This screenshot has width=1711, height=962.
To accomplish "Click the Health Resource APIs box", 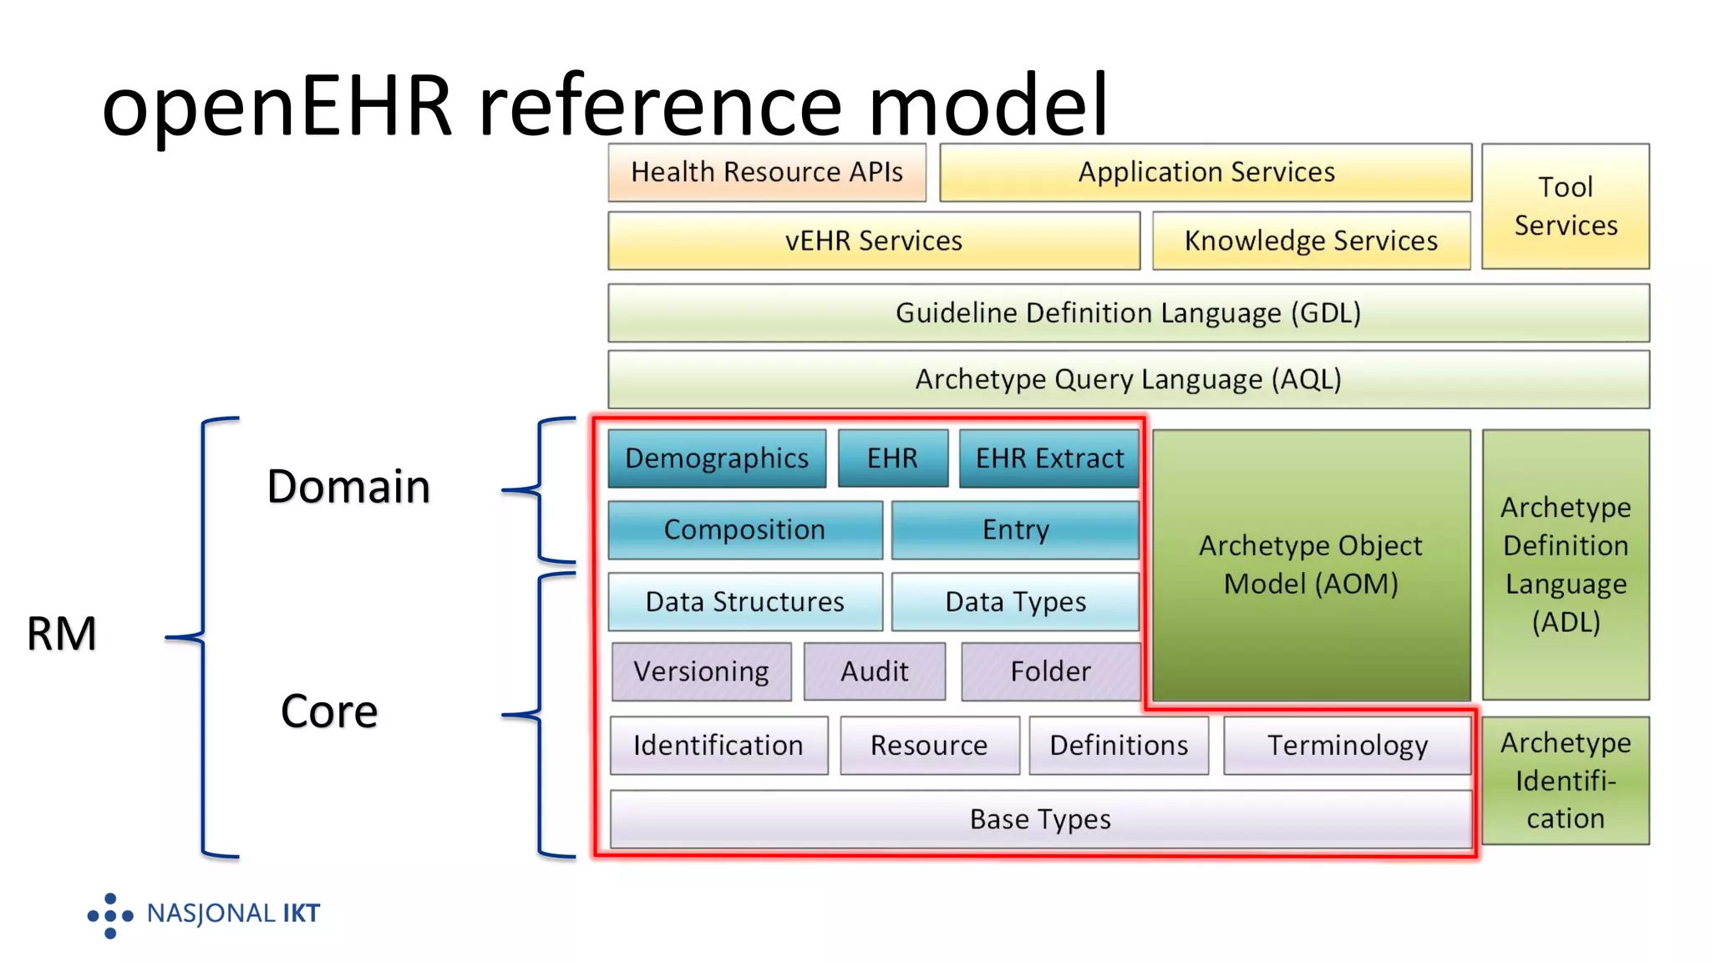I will (766, 172).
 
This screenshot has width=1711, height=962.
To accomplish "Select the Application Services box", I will (1205, 172).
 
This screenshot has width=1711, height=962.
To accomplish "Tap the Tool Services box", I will (1565, 206).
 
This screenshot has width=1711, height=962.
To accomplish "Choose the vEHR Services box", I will (873, 240).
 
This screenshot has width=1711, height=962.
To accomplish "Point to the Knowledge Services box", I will (1310, 240).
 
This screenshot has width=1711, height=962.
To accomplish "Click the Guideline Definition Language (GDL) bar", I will (1128, 313).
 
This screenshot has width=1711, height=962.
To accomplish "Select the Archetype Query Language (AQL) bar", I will (1128, 379).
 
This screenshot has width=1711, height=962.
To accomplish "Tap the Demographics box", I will (716, 458).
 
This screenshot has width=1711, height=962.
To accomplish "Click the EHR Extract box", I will (1048, 458).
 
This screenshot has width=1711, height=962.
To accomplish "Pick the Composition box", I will (744, 529).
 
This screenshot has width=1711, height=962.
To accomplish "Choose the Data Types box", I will (1014, 601).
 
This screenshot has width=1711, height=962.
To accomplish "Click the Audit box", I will (874, 671).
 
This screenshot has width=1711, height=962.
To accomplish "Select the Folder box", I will (1050, 671).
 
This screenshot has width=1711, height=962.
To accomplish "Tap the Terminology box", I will (1347, 745).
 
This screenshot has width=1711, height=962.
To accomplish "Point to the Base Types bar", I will (1040, 819).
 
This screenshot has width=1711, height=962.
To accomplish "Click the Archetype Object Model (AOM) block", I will (1310, 565).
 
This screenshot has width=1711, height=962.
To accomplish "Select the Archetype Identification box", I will (1565, 780).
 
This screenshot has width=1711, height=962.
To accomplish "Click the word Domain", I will (348, 487).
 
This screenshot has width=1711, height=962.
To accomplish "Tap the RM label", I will (62, 634).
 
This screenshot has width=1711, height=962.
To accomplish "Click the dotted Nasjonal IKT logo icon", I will (110, 915).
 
